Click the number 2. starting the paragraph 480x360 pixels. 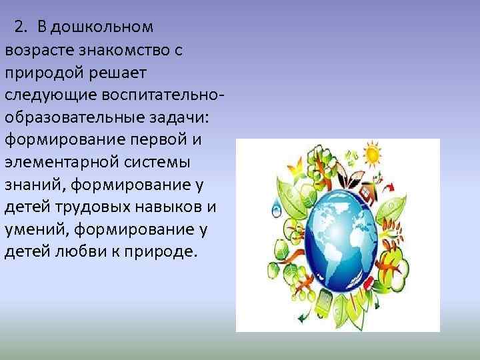tap(21, 27)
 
